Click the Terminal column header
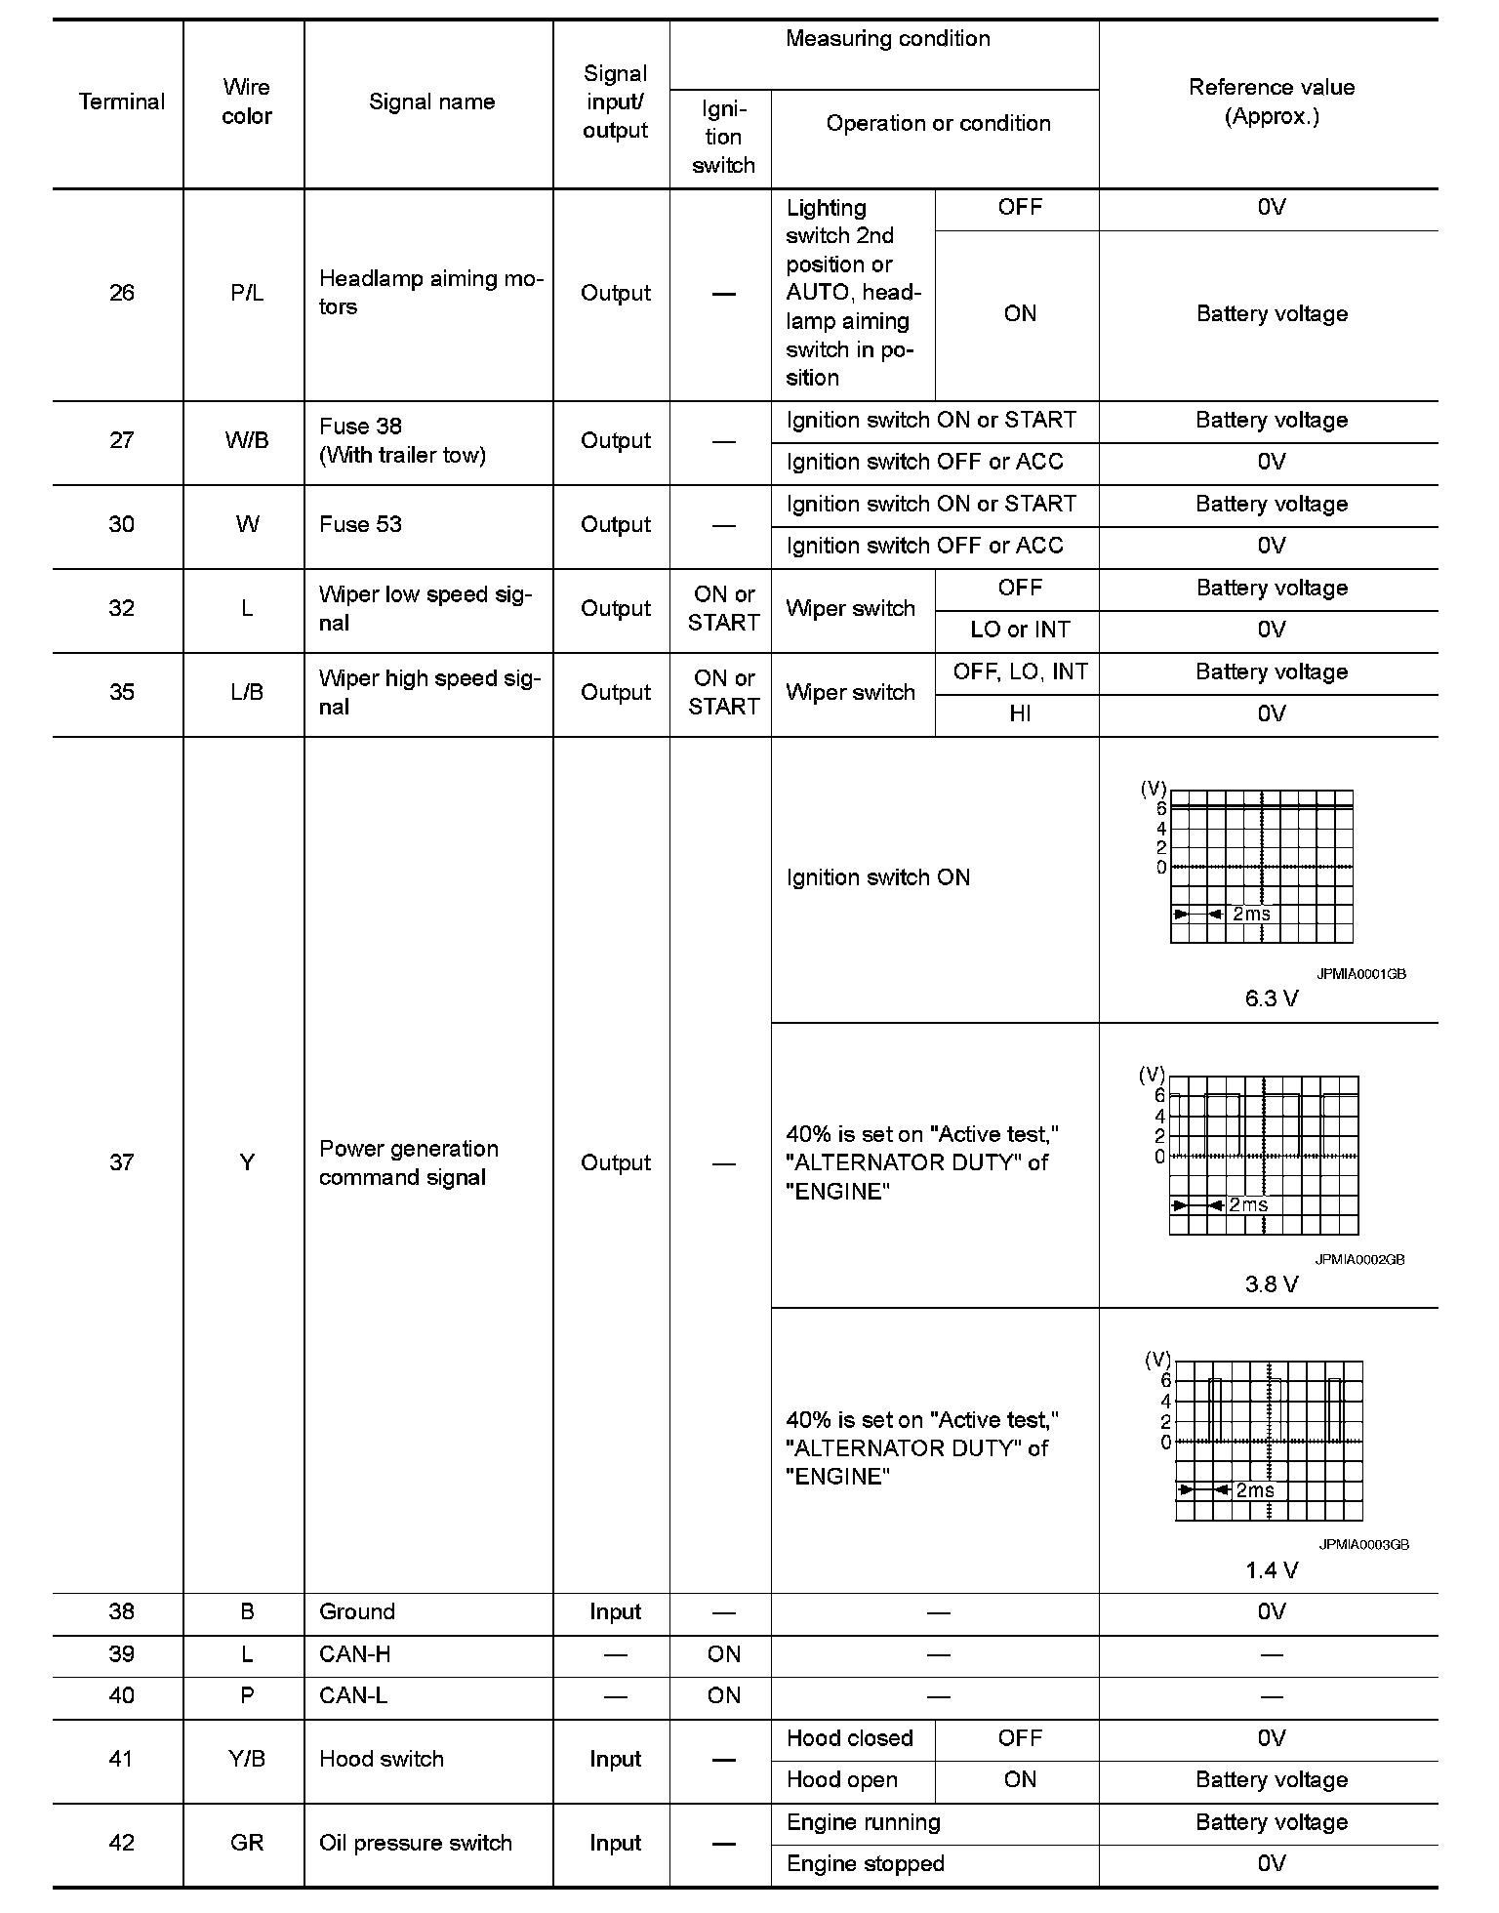tap(121, 102)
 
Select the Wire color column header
tap(246, 102)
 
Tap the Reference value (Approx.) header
tap(1271, 102)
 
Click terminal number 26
tap(121, 293)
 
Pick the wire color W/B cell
tap(246, 440)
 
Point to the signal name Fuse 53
tap(360, 524)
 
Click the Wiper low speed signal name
tap(425, 608)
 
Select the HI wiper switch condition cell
tap(1019, 713)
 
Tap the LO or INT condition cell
tap(1019, 630)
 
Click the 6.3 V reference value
tap(1271, 998)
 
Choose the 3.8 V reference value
tap(1271, 1283)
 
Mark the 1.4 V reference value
tap(1271, 1569)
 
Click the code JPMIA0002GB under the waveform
tap(1358, 1259)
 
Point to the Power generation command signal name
tap(409, 1162)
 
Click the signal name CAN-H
tap(354, 1653)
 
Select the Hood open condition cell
tap(841, 1779)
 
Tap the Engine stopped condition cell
tap(865, 1863)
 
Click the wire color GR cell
tap(246, 1843)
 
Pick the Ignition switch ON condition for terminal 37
tap(877, 877)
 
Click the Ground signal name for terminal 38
tap(356, 1611)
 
